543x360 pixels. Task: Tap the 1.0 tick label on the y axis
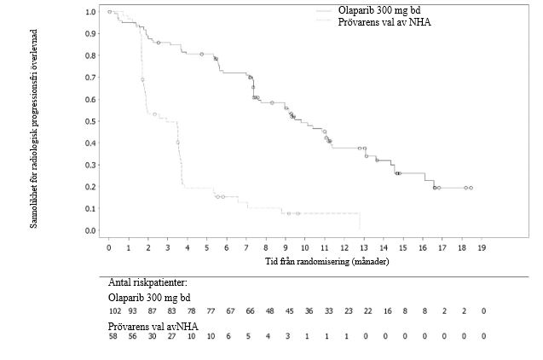tap(91, 12)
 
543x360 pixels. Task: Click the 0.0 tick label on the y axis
tap(91, 230)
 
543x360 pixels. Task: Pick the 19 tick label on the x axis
tap(482, 247)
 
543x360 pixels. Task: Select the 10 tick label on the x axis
tap(305, 247)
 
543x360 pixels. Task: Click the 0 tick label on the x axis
tap(109, 247)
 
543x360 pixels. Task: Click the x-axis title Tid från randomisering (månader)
tap(327, 261)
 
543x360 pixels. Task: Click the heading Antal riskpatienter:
tap(147, 282)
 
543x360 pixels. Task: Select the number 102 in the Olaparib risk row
tap(115, 312)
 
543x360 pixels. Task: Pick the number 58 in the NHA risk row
tap(113, 337)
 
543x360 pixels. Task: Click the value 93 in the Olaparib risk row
tap(133, 312)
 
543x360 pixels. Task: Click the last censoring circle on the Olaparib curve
tap(471, 188)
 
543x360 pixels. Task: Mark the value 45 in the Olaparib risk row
tap(289, 312)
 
